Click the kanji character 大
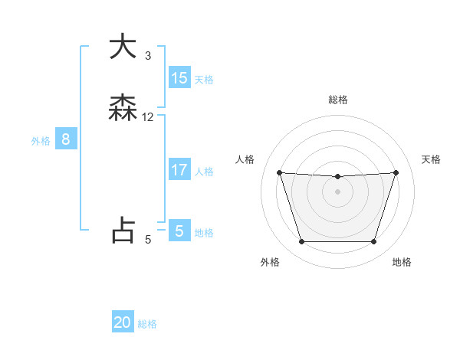tap(123, 47)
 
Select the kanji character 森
tap(123, 108)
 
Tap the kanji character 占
tap(123, 231)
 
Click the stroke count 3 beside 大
tap(148, 56)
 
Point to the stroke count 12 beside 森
tap(148, 117)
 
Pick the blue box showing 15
tap(179, 78)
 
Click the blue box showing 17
tap(179, 171)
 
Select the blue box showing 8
tap(66, 139)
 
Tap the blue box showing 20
tap(123, 322)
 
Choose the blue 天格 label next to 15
tap(204, 79)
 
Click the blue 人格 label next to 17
tap(204, 172)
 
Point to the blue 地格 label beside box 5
tap(204, 233)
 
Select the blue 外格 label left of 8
tap(41, 141)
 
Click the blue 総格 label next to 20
tap(147, 324)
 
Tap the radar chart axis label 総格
tap(338, 100)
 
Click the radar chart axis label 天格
tap(431, 159)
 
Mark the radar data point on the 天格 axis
tap(396, 172)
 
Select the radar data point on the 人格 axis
tap(279, 172)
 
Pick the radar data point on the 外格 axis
tap(301, 242)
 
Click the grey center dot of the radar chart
tap(337, 191)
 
